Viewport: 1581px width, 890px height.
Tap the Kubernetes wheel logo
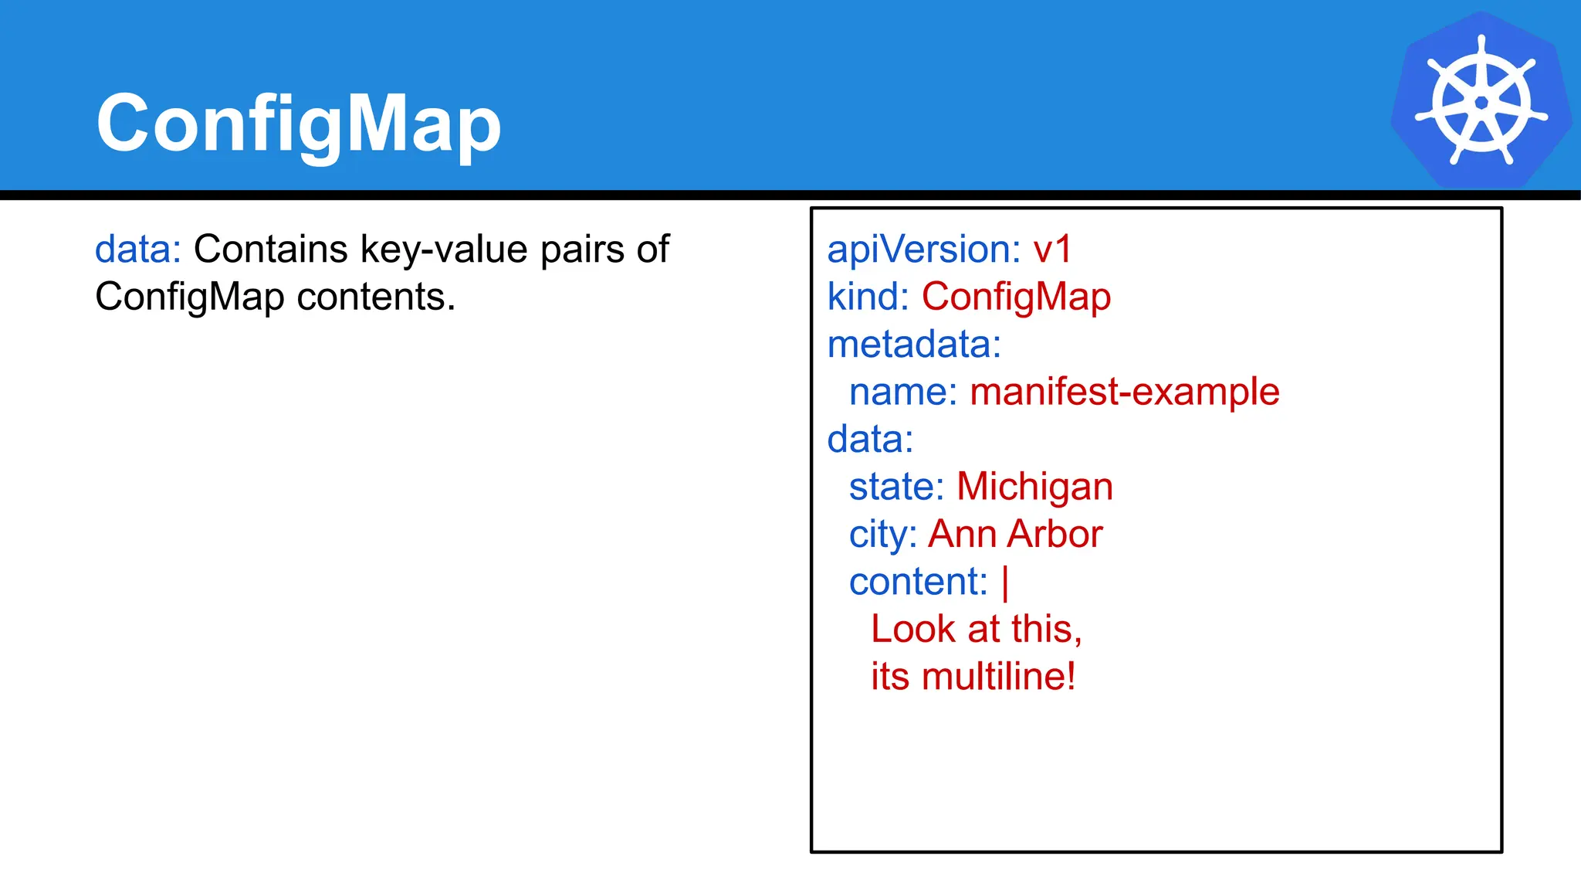coord(1481,101)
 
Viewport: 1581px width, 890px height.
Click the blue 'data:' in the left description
coord(137,250)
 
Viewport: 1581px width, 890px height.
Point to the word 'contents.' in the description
coord(376,297)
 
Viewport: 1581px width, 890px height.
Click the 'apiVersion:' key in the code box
coord(923,250)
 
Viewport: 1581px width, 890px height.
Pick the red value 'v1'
coord(1052,250)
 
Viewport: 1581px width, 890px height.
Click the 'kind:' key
coord(868,297)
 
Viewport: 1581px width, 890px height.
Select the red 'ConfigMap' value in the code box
coord(1016,297)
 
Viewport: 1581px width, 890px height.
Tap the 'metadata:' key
coord(913,345)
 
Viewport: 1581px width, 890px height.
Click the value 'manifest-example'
coord(1124,392)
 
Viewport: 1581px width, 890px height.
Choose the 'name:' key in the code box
coord(902,392)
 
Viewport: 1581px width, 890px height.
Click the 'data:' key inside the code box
coord(870,440)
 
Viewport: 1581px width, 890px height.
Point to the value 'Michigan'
coord(1034,487)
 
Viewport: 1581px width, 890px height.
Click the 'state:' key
coord(896,487)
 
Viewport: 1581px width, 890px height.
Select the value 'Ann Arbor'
coord(1015,534)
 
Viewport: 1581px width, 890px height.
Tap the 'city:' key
coord(882,535)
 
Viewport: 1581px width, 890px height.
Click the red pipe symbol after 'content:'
coord(1005,583)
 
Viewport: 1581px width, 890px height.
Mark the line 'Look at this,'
coord(977,629)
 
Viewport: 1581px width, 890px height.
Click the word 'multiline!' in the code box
coord(998,677)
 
